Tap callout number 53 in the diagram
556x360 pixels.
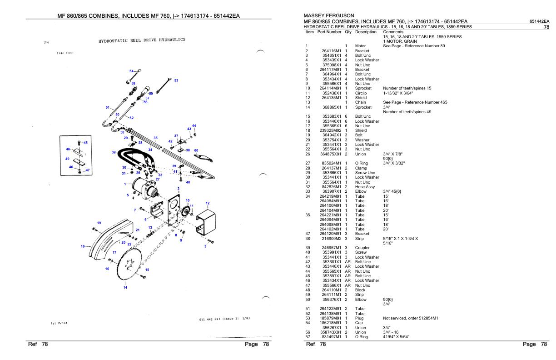[176, 80]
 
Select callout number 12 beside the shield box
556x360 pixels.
[208, 203]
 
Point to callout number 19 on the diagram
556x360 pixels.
[99, 222]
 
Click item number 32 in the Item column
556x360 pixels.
[308, 186]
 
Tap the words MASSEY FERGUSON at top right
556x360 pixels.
[328, 16]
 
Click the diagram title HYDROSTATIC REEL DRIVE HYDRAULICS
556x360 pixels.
[142, 40]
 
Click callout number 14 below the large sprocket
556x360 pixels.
[125, 287]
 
